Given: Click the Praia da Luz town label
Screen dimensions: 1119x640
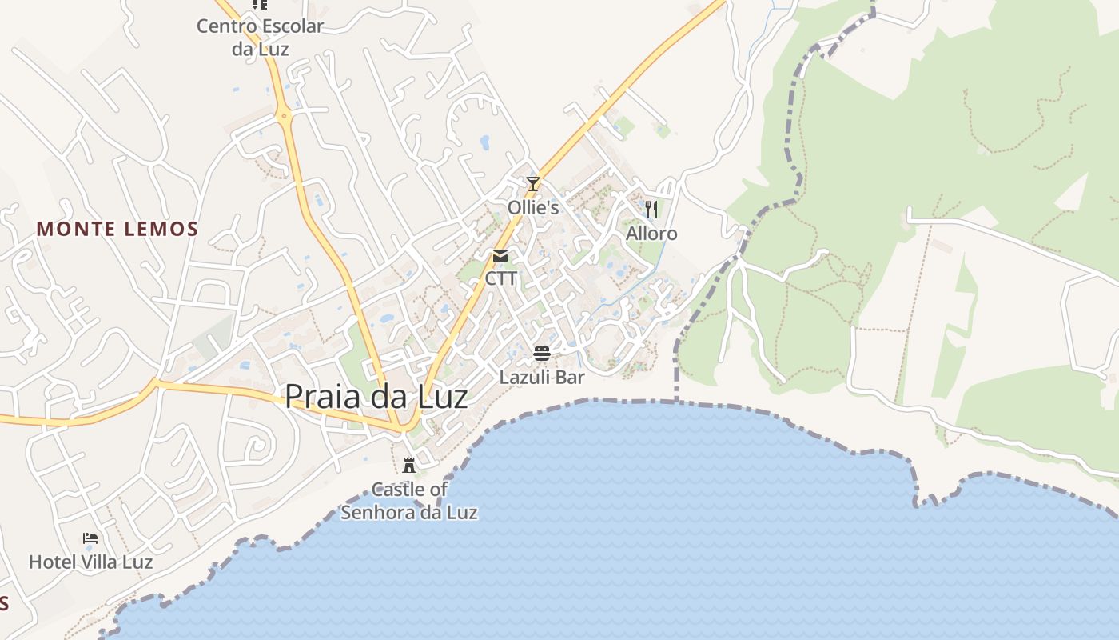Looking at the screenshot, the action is [376, 396].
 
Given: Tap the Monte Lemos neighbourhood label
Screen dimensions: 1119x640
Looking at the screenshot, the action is [117, 230].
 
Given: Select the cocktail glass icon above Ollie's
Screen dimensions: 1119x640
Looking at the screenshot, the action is [533, 184].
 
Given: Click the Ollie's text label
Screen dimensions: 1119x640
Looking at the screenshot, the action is [533, 208].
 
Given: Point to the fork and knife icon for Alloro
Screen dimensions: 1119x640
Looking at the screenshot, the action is [651, 210].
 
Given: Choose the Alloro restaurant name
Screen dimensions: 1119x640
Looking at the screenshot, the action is [651, 234].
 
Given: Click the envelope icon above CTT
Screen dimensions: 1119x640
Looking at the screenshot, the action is [500, 256].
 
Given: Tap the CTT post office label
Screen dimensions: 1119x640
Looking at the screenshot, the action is [501, 279].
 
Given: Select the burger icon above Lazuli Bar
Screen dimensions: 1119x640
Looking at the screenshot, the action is [542, 354].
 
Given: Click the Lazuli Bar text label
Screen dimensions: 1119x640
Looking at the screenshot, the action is [542, 377].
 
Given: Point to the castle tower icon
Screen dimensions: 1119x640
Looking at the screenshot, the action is [409, 465].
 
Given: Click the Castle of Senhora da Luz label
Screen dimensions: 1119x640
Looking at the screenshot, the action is [409, 501].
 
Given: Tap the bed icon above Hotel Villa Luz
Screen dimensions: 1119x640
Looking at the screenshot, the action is [90, 538].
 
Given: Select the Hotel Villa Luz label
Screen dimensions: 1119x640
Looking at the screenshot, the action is [90, 562].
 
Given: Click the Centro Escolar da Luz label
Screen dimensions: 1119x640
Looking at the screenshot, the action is [261, 37].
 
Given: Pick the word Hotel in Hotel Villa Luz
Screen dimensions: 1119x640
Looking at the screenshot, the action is [50, 562].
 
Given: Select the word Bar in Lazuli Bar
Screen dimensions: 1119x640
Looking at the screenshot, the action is [570, 377].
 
